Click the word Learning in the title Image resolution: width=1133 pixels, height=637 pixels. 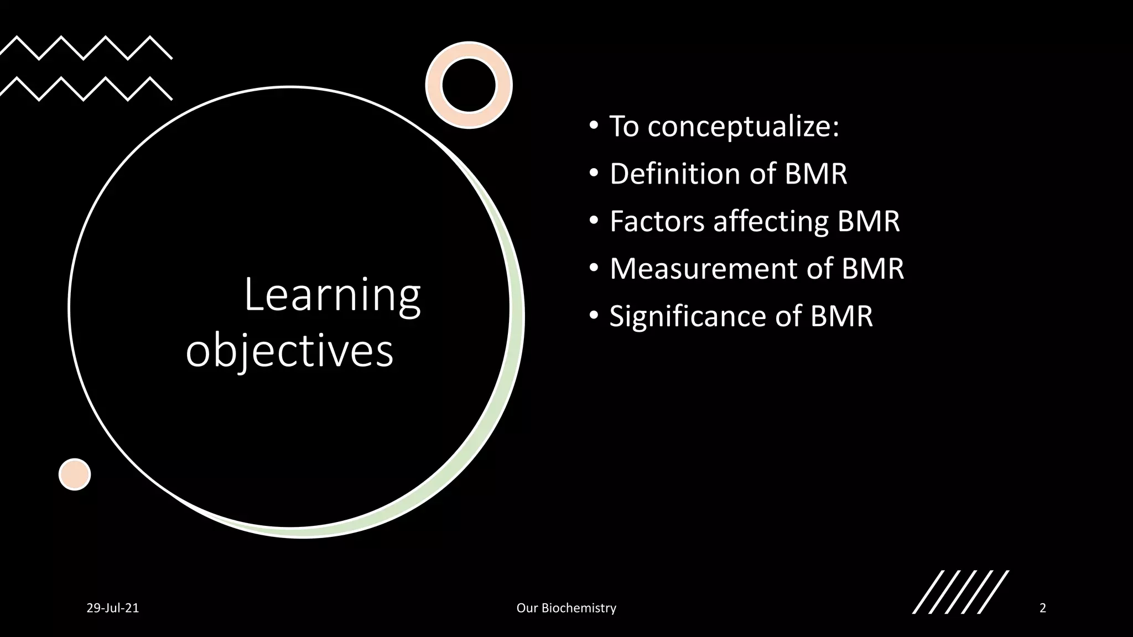point(332,296)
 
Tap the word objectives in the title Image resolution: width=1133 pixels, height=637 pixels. point(289,352)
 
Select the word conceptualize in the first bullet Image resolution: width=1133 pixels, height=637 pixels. point(743,127)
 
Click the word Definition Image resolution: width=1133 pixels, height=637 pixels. point(674,174)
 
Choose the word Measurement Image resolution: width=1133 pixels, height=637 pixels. point(703,269)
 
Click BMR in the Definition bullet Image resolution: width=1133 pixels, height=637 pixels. point(816,174)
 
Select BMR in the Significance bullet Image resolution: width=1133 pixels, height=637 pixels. point(841,316)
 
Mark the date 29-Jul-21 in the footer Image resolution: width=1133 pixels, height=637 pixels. point(113,608)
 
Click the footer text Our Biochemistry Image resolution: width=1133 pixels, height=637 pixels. point(566,608)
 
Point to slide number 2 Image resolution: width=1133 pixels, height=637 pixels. point(1043,608)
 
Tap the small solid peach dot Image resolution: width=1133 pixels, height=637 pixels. point(75,474)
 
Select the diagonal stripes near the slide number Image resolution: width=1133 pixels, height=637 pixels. point(960,592)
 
